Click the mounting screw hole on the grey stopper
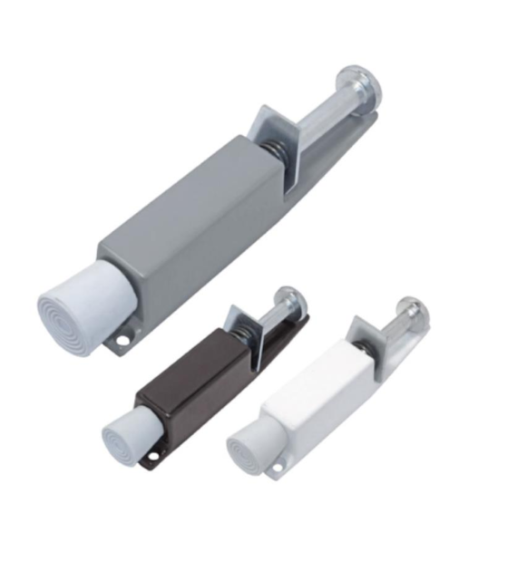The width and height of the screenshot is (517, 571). click(x=120, y=342)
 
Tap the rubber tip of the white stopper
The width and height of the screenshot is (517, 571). click(x=246, y=448)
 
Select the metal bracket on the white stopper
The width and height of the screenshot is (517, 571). click(x=367, y=335)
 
